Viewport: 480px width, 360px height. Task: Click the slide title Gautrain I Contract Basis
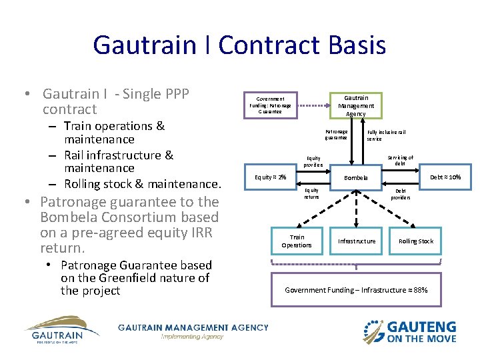click(x=239, y=45)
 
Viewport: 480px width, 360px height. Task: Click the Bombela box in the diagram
click(x=356, y=177)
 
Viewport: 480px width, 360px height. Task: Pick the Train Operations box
click(x=297, y=241)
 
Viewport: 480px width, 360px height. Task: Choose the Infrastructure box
click(x=356, y=241)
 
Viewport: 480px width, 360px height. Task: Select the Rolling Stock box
click(x=415, y=241)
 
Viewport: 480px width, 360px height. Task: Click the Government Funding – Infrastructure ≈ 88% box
click(x=356, y=290)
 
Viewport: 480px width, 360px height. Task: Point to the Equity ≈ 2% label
click(x=271, y=177)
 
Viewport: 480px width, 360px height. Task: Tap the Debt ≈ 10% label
click(x=445, y=177)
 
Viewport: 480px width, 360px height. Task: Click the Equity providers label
click(x=313, y=161)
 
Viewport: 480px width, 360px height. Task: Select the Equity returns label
click(x=311, y=193)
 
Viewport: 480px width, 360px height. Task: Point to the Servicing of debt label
click(x=400, y=160)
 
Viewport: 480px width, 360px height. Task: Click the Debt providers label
click(x=400, y=193)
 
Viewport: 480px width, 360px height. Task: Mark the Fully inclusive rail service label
click(x=386, y=135)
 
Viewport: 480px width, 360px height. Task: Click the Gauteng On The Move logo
click(x=409, y=331)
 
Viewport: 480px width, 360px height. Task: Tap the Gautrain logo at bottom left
click(x=61, y=331)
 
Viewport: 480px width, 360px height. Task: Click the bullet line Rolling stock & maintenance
click(x=142, y=183)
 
